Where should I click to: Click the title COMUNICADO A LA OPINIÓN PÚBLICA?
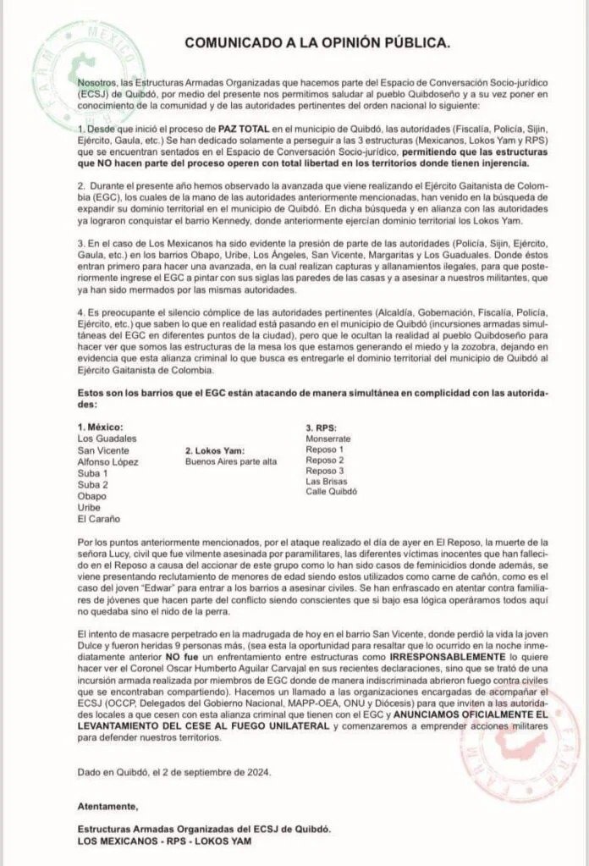coord(318,41)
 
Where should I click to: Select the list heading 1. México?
coord(100,427)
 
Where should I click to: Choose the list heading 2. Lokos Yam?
coord(218,450)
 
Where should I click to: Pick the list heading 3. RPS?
coord(324,427)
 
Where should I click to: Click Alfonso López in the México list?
coord(107,462)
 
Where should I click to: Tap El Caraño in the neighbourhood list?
coord(98,518)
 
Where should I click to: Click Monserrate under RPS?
coord(328,439)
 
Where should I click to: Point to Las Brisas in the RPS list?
coord(325,481)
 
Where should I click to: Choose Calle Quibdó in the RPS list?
coord(332,491)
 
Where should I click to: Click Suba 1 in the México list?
coord(92,473)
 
